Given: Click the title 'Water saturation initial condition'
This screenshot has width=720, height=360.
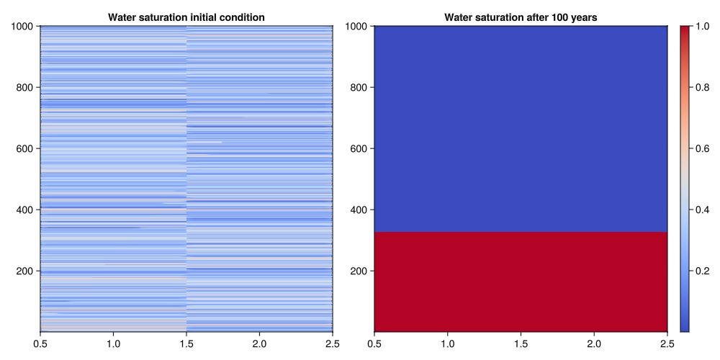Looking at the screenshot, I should point(186,17).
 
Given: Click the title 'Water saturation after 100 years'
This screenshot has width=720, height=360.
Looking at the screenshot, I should point(521,17).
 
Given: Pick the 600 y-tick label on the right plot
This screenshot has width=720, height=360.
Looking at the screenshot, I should point(359,149).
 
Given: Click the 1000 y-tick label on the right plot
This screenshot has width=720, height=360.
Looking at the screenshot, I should point(356,27).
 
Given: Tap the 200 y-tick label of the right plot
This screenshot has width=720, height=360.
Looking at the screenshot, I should point(359,271).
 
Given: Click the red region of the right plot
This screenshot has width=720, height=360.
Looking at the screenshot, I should point(521,281).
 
